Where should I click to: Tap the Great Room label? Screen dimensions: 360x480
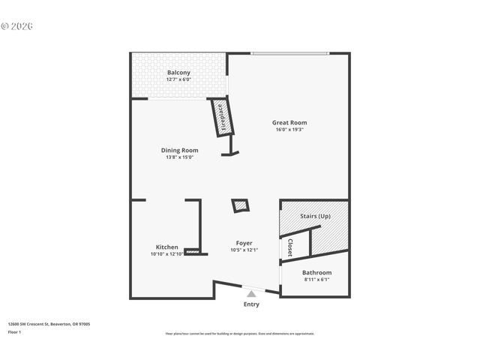pyautogui.click(x=289, y=122)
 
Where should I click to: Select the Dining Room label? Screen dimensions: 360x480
pyautogui.click(x=179, y=150)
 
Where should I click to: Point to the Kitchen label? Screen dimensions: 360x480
pyautogui.click(x=166, y=247)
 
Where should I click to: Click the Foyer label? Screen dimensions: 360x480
pyautogui.click(x=244, y=243)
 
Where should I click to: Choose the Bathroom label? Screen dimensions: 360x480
pyautogui.click(x=316, y=272)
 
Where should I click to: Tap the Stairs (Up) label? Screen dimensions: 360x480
pyautogui.click(x=315, y=216)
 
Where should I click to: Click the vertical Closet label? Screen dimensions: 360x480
pyautogui.click(x=290, y=247)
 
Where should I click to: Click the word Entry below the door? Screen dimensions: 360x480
pyautogui.click(x=251, y=304)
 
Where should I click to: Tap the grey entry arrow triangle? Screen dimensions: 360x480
pyautogui.click(x=251, y=295)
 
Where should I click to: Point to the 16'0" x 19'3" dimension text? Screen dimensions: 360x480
pyautogui.click(x=289, y=130)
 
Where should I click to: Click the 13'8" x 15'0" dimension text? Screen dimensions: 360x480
pyautogui.click(x=179, y=157)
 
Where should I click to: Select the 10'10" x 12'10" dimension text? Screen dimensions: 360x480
pyautogui.click(x=166, y=254)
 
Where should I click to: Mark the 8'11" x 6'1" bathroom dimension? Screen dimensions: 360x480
pyautogui.click(x=316, y=280)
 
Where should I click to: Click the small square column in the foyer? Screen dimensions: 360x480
pyautogui.click(x=240, y=205)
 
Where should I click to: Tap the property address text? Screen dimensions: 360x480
pyautogui.click(x=49, y=324)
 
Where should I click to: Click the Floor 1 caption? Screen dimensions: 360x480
pyautogui.click(x=15, y=331)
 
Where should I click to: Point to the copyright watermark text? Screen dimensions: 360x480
pyautogui.click(x=17, y=26)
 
